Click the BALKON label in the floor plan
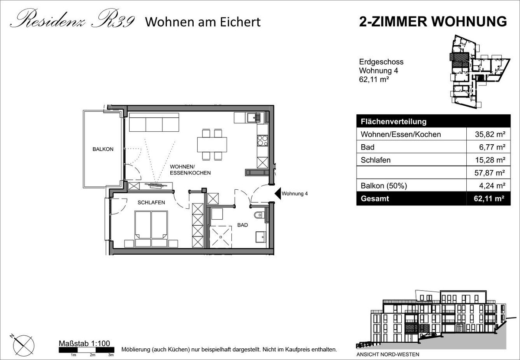pos(103,149)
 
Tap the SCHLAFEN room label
pos(151,202)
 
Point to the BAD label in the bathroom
pos(243,225)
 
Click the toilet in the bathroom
pos(259,215)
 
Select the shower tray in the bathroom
pos(221,237)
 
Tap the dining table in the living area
pos(212,144)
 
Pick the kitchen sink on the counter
pos(254,118)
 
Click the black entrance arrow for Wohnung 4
pos(278,193)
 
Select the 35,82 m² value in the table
pos(490,134)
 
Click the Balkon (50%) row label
pos(384,186)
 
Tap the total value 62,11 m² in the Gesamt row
pos(489,199)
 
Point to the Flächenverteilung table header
pos(394,122)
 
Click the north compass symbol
pos(23,345)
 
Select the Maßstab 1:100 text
pos(84,343)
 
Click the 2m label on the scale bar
pos(92,355)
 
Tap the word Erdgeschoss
pos(381,62)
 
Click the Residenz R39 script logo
pos(72,19)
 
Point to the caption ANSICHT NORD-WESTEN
pos(388,354)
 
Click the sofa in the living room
pos(154,122)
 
